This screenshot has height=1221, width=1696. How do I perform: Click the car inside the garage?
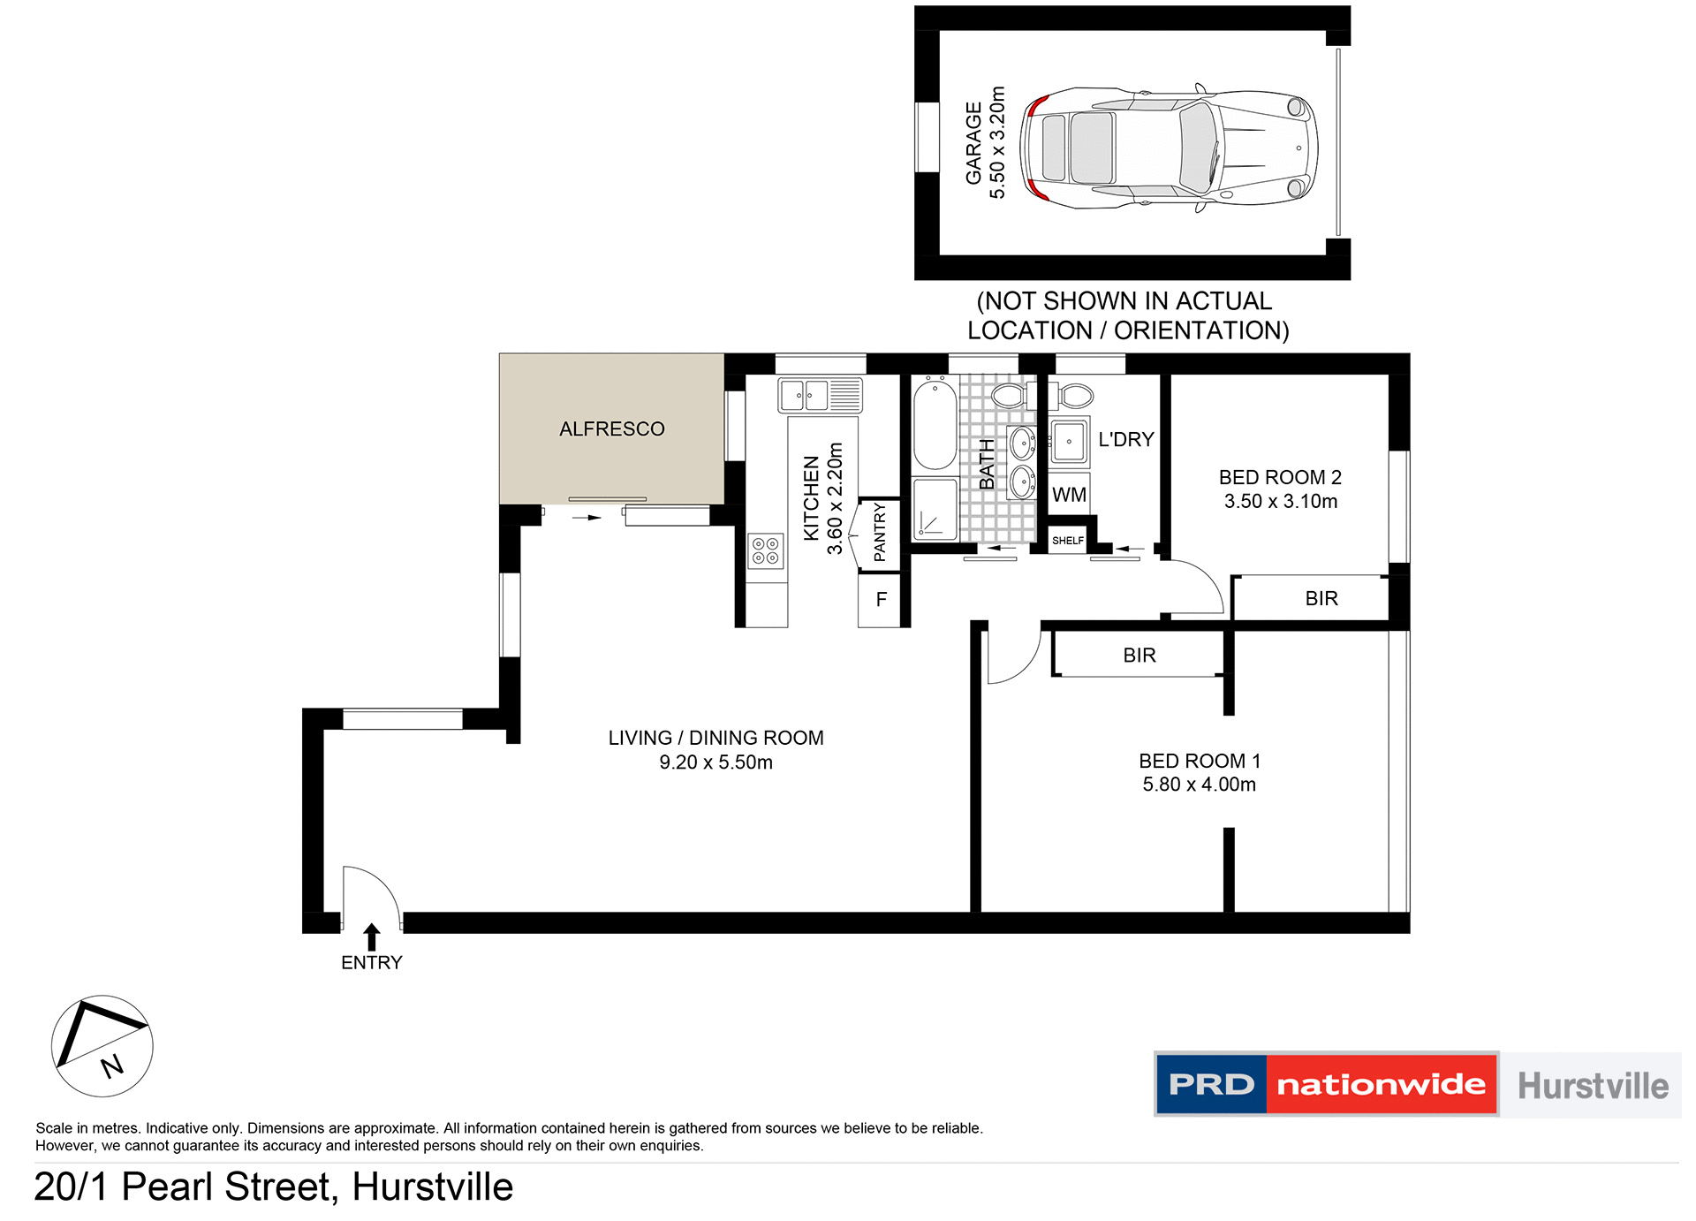coord(1168,148)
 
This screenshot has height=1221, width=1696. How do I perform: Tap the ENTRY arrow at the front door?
coord(372,937)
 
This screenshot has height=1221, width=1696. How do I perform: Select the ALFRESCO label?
coord(611,429)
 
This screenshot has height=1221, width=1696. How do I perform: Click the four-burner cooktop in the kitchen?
coord(766,550)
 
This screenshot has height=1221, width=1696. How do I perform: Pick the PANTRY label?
coord(880,532)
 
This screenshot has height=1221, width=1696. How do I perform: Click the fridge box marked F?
coord(881,600)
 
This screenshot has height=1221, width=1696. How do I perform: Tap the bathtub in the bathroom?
coord(935,424)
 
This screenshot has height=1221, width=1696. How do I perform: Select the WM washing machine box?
coord(1069,495)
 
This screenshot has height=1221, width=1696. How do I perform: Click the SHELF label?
coord(1067,541)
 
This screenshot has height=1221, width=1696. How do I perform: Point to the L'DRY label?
coord(1125,440)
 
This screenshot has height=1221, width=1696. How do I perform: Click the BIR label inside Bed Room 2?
coord(1321,599)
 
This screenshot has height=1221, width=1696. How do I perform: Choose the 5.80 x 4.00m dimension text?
coord(1199,785)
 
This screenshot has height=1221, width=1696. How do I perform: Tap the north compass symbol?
coord(102,1046)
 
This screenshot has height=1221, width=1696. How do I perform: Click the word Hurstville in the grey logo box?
coord(1593,1086)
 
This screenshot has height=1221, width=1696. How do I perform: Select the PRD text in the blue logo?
coord(1211,1084)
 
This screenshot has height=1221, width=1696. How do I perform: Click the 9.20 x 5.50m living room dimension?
coord(715,762)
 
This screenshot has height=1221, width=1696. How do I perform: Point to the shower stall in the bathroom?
coord(935,509)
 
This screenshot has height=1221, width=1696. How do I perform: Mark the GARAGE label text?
coord(973,143)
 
